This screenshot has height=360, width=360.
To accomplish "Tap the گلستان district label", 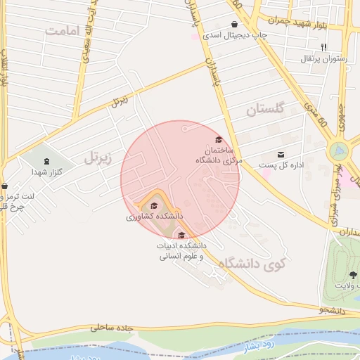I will point(265,110).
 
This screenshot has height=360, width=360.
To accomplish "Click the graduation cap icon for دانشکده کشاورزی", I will point(154,205).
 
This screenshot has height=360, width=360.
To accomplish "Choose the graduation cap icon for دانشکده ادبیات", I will point(182,236).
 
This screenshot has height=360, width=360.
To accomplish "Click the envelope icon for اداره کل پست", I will point(281,155).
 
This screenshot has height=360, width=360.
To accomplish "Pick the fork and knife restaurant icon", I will point(324,46).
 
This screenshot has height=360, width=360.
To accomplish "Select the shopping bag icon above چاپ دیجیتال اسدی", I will point(233,24).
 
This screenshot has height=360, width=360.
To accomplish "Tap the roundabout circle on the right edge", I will point(339,150).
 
